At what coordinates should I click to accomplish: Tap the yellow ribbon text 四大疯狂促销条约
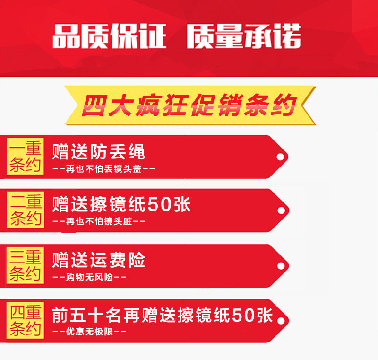point(189,105)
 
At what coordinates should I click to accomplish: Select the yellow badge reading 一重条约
point(25,156)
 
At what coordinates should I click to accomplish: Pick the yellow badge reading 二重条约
point(25,210)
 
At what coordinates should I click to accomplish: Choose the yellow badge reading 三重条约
point(25,265)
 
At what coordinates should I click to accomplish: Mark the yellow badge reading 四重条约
point(25,320)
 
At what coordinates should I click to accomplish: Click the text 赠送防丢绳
point(99,151)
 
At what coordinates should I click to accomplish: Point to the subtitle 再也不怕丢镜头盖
point(103,169)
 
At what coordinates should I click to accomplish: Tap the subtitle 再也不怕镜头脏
point(99,221)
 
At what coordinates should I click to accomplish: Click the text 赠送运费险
point(99,260)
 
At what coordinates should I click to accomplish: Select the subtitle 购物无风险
point(89,277)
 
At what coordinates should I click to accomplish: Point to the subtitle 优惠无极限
point(89,332)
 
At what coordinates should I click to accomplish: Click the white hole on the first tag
point(280,157)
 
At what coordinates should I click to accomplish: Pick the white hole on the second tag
point(281,211)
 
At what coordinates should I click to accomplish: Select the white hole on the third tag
point(281,266)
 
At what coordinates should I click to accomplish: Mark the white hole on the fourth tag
point(281,321)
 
